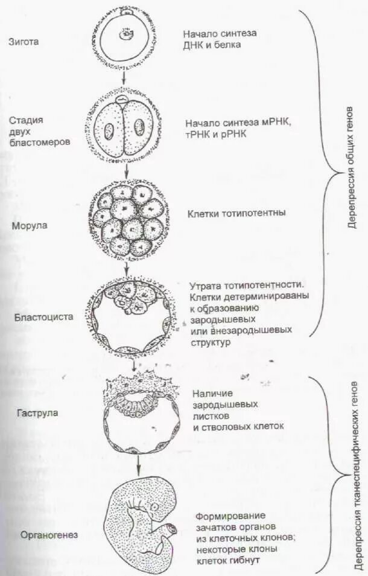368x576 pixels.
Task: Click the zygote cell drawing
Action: coord(126,38)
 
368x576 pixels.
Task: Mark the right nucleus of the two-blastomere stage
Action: coord(140,128)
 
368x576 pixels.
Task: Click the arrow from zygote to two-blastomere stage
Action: coord(124,77)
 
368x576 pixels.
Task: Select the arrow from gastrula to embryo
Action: coord(139,464)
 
